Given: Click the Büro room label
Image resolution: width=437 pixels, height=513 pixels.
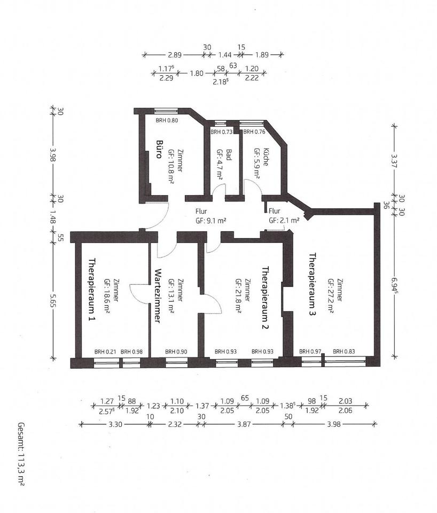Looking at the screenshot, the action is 159,149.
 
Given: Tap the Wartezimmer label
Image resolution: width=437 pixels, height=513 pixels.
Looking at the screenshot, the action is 158,296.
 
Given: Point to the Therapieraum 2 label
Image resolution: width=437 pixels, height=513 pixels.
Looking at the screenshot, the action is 265,298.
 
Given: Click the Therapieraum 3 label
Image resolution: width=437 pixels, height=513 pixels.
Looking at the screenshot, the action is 313,284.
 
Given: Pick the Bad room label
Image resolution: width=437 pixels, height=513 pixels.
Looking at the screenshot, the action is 229,155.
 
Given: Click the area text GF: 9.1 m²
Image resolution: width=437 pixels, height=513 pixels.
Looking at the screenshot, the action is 211,221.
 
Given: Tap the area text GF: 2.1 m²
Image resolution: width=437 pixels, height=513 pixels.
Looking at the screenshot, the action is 284,221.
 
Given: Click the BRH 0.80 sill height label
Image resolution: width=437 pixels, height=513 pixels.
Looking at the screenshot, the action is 167,120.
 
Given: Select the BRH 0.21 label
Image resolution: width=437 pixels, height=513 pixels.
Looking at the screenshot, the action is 105,352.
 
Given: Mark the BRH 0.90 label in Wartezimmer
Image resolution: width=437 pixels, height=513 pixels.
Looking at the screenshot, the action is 176,352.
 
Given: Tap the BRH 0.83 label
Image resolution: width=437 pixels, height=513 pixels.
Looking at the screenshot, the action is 344,352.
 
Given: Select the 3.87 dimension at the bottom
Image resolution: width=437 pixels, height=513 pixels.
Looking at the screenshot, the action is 244,424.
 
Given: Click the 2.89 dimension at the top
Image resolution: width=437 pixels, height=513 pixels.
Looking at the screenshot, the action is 174,55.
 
